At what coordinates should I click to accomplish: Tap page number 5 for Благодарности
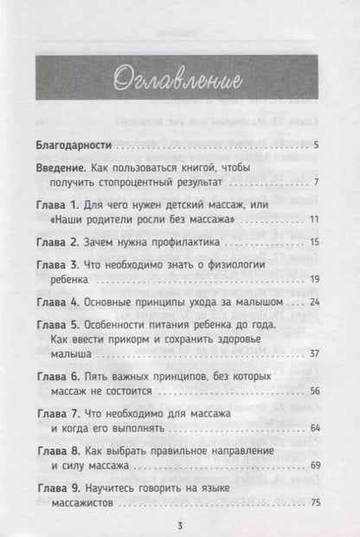[318, 145]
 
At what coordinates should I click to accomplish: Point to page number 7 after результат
[318, 183]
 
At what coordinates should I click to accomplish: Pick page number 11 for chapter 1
[317, 221]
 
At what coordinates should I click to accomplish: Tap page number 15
[316, 243]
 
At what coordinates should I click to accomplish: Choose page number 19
[316, 281]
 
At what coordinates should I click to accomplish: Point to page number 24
[316, 304]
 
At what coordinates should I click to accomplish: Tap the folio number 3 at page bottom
[180, 526]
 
